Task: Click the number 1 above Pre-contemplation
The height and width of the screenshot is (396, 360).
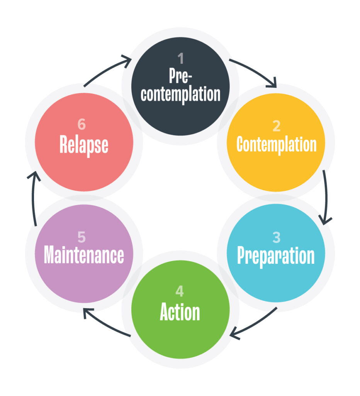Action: (x=180, y=59)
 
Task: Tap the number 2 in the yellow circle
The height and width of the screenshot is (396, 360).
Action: (x=276, y=126)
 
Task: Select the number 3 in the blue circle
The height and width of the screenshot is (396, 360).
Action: (x=276, y=237)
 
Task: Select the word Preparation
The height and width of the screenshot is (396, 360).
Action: (x=276, y=256)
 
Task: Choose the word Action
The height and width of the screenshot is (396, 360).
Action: (x=180, y=312)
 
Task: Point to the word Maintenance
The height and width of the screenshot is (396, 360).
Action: (x=84, y=255)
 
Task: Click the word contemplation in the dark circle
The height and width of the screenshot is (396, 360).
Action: (x=180, y=94)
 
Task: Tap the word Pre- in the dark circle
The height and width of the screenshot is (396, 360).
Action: (x=180, y=76)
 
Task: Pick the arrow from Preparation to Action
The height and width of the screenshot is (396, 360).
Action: (x=253, y=325)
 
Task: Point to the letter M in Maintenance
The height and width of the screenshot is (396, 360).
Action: (x=49, y=255)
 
